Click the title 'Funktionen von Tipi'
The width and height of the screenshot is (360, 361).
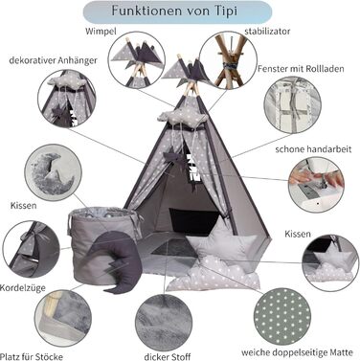click(174, 11)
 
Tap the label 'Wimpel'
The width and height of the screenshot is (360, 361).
click(101, 32)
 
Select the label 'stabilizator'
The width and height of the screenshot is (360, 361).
click(267, 32)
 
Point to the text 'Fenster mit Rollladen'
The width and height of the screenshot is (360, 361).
click(301, 69)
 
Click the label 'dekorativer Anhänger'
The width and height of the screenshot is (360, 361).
click(53, 60)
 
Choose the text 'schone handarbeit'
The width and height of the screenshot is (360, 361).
click(313, 149)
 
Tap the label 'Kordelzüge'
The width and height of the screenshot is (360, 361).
click(23, 288)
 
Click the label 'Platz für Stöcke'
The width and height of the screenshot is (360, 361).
click(32, 356)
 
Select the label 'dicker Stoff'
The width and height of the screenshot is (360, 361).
click(168, 356)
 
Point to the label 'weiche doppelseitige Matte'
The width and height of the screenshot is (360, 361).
click(297, 352)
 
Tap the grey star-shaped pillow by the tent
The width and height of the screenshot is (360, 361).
click(223, 241)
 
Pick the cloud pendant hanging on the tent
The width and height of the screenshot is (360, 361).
click(182, 118)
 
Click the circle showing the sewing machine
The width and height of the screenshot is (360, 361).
click(316, 185)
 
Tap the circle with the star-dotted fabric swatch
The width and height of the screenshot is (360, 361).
click(282, 316)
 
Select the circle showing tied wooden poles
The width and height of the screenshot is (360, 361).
click(228, 60)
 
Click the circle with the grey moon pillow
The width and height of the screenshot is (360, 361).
click(54, 172)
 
